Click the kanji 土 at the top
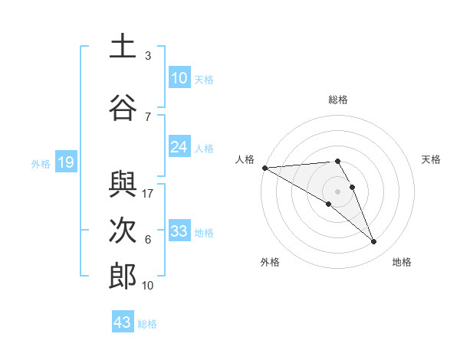pyautogui.click(x=123, y=47)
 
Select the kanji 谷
pyautogui.click(x=123, y=108)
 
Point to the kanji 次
pyautogui.click(x=123, y=231)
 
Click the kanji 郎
pyautogui.click(x=123, y=277)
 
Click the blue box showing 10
pyautogui.click(x=179, y=78)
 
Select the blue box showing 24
pyautogui.click(x=179, y=147)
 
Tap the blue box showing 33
pyautogui.click(x=179, y=231)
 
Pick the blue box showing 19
pyautogui.click(x=65, y=162)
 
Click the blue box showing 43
pyautogui.click(x=123, y=322)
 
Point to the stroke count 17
pyautogui.click(x=149, y=193)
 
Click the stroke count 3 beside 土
pyautogui.click(x=148, y=55)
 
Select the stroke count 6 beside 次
pyautogui.click(x=148, y=239)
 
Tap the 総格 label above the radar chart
pyautogui.click(x=337, y=100)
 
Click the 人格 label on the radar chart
pyautogui.click(x=245, y=159)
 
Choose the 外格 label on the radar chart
pyautogui.click(x=270, y=262)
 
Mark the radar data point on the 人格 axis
pyautogui.click(x=264, y=167)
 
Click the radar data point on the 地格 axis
pyautogui.click(x=374, y=242)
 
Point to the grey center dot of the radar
pyautogui.click(x=337, y=191)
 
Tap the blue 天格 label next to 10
pyautogui.click(x=204, y=79)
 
